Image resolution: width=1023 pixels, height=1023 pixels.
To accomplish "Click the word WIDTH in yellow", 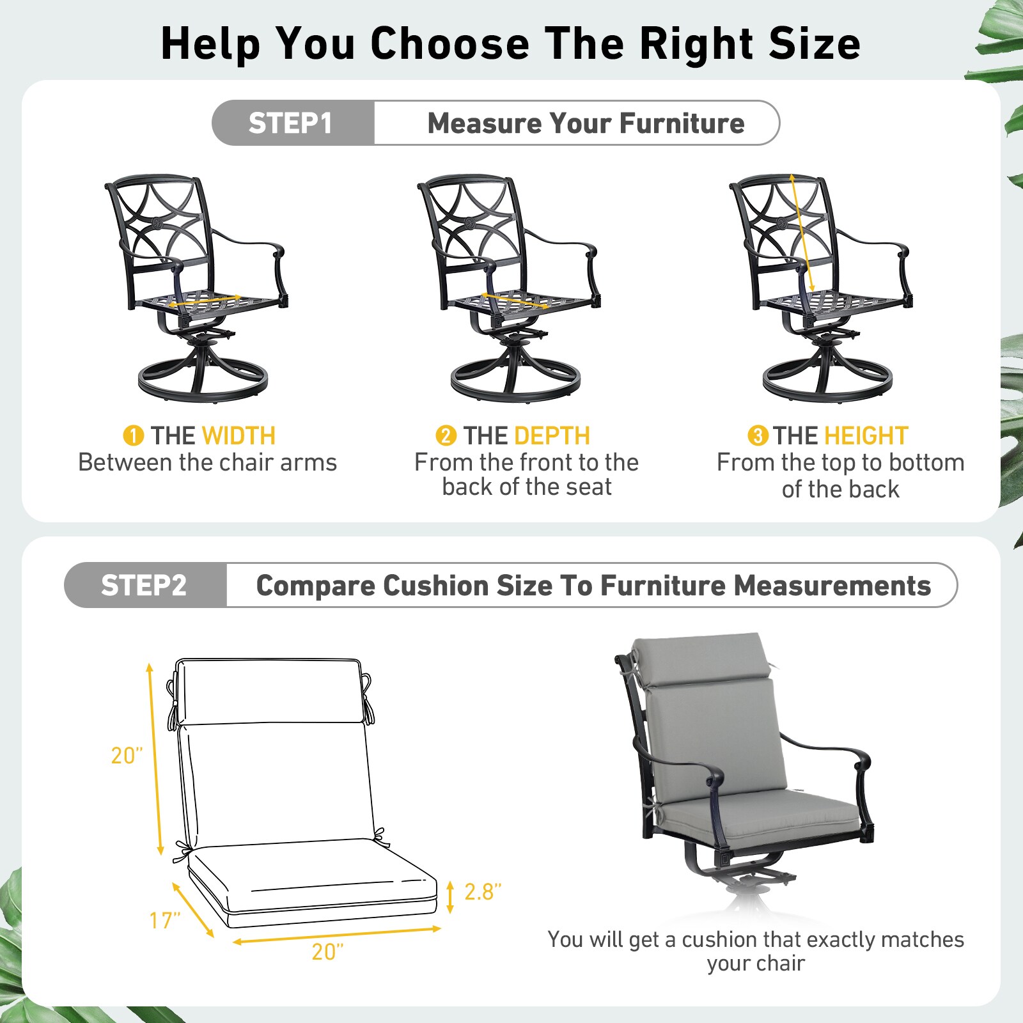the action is [x=238, y=436].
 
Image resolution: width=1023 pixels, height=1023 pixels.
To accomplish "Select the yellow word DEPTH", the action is [x=552, y=436].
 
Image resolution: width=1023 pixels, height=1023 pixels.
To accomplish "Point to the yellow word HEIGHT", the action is [x=866, y=436].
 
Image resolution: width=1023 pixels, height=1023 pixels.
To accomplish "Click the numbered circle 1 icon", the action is [x=133, y=436].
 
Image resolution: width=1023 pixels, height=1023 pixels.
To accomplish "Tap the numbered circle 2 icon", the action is [x=446, y=436].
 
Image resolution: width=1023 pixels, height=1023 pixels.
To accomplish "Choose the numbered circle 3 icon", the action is [x=758, y=436].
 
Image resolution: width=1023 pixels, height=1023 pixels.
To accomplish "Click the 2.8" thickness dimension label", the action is [x=483, y=891].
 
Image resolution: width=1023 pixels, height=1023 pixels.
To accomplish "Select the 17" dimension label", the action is [x=164, y=920].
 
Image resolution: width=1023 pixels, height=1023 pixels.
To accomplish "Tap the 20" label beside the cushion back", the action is [x=127, y=755].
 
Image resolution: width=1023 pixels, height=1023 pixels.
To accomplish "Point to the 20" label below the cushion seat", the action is [x=327, y=951].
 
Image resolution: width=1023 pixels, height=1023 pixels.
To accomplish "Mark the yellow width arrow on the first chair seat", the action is [x=204, y=301].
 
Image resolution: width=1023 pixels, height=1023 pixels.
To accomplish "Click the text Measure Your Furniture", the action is [x=586, y=123].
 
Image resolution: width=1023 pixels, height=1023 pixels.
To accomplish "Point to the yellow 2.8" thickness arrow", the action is [x=450, y=896].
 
